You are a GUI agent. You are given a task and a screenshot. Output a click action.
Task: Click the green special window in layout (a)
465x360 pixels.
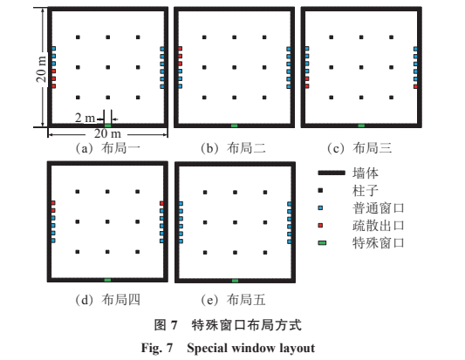pos(108,126)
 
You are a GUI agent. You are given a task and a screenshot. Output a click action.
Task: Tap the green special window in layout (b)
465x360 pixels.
pos(235,126)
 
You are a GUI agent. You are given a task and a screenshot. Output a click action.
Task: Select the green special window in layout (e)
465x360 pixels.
pos(235,281)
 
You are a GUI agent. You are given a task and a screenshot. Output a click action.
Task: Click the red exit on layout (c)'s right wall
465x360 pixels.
pos(415,86)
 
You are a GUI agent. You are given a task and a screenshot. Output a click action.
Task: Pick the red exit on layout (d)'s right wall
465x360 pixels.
pos(161,203)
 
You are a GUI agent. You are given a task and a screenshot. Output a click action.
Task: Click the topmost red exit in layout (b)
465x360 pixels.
pos(180,49)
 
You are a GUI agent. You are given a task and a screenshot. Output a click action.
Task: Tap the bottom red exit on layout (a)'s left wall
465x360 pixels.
pos(54,86)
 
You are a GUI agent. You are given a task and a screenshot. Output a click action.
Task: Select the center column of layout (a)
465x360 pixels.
pos(108,68)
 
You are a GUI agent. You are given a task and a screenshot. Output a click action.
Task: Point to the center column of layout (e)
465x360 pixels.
pos(236,222)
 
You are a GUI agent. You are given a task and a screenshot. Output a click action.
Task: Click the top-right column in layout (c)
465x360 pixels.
pos(392,37)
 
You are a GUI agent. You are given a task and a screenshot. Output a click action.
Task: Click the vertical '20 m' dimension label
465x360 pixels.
pos(41,68)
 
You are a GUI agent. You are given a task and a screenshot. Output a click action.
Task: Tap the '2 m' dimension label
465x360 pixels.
pos(85,118)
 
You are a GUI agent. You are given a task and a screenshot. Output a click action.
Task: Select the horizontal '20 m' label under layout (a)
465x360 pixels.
pos(107,133)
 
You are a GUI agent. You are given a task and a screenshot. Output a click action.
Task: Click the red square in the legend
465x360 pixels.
pos(320,226)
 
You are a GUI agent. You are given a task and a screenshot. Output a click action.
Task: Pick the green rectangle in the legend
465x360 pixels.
pos(322,243)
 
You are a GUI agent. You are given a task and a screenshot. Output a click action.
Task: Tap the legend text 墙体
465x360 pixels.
pos(366,173)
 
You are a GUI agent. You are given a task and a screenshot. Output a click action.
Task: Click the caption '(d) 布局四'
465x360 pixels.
pos(107,300)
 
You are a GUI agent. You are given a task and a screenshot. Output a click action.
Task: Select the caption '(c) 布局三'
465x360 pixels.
pos(359,148)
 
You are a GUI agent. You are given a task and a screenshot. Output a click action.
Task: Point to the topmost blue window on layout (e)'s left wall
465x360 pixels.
pos(181,204)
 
